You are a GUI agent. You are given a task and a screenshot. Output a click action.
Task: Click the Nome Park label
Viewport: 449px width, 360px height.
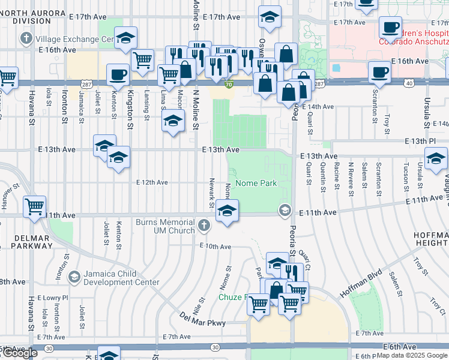256,183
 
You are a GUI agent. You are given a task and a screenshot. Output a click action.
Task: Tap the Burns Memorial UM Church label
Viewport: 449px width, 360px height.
165,226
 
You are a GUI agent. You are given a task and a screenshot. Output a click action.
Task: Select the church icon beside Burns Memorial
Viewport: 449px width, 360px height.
204,227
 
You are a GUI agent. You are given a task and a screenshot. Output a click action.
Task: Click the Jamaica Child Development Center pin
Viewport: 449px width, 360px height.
74,277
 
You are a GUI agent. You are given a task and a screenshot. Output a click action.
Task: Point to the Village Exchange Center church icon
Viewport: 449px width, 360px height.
25,39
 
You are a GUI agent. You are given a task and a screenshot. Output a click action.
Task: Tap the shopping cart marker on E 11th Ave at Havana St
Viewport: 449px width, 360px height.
35,206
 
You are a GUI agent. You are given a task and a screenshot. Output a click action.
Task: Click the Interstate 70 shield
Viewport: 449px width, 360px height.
229,86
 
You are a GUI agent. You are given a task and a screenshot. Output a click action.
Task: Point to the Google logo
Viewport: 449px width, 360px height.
19,353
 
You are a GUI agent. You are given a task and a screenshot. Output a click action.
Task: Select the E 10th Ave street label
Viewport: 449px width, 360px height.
215,247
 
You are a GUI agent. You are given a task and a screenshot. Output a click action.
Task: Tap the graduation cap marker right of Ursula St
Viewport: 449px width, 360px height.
436,158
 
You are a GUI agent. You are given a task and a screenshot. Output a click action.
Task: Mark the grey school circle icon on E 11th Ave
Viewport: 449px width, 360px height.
284,210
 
